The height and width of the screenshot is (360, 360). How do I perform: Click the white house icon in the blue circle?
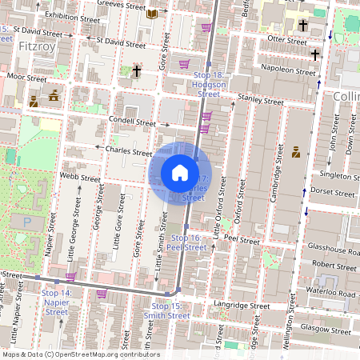tap(180, 172)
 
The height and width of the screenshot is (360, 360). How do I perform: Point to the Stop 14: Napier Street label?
tap(56, 302)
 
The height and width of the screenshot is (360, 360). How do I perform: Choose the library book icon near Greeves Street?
tap(153, 14)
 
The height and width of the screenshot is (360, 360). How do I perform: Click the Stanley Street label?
tap(261, 102)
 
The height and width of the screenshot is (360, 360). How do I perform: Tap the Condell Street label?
tap(133, 123)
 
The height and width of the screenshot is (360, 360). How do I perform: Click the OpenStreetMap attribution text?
tap(81, 354)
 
